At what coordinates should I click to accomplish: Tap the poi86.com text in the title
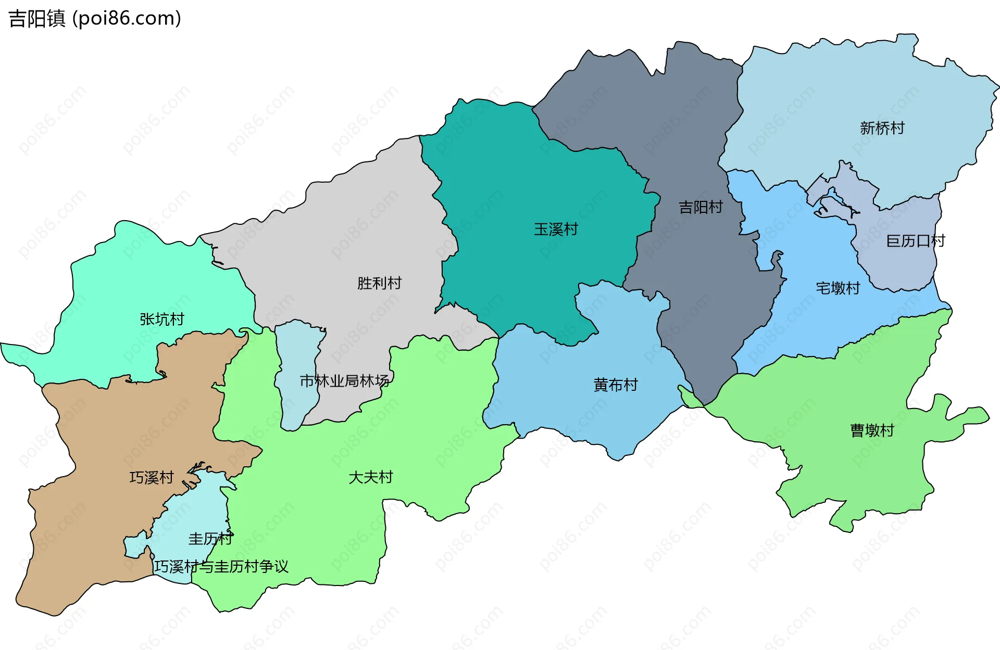[127, 19]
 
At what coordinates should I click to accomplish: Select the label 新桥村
[882, 128]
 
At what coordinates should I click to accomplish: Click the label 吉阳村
[701, 208]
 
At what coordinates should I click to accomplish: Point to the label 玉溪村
[556, 230]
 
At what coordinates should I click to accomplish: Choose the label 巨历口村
[915, 241]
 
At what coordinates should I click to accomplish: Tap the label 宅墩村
[838, 288]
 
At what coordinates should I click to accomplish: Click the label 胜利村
[379, 283]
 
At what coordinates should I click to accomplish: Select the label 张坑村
[162, 320]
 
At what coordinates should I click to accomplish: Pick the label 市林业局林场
[344, 381]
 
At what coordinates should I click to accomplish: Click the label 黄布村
[616, 385]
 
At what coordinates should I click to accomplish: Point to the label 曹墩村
[872, 430]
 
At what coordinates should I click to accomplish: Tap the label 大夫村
[370, 477]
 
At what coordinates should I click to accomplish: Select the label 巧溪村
[152, 478]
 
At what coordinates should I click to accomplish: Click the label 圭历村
[210, 539]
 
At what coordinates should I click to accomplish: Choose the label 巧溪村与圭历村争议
[221, 566]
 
